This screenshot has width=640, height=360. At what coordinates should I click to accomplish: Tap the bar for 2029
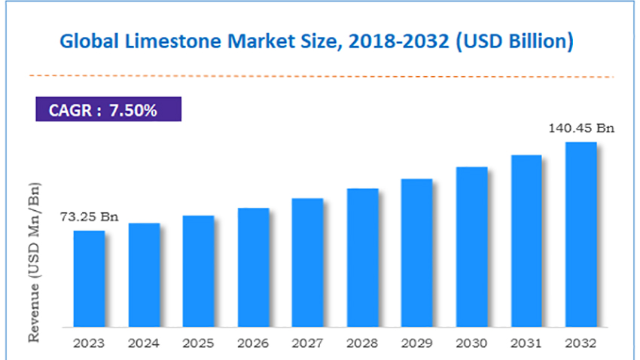tap(416, 252)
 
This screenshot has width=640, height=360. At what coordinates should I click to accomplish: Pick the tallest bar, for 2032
tap(581, 233)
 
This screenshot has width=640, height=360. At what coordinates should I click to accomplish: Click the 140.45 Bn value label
tap(582, 128)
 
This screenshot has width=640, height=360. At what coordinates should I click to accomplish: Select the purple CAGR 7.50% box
tap(108, 110)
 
